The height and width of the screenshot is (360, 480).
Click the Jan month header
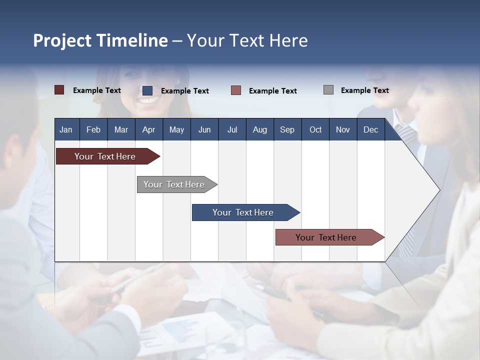[x=66, y=129]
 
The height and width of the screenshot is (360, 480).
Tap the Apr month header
[x=148, y=129]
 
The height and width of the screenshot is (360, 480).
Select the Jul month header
[x=232, y=129]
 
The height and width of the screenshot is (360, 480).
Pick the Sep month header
[x=287, y=129]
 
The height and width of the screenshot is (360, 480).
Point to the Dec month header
[x=370, y=129]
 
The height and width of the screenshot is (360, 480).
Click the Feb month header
[x=93, y=129]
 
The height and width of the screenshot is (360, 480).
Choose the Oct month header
[x=315, y=129]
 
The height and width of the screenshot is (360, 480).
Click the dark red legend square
[x=59, y=90]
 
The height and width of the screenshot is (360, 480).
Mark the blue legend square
[x=147, y=90]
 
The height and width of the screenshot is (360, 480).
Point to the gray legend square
[x=328, y=90]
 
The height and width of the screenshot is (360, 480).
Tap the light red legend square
[x=236, y=90]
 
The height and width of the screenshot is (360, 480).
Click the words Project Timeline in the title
[x=100, y=40]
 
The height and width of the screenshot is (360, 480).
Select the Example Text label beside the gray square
[x=364, y=90]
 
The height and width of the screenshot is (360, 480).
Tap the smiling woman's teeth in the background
[x=148, y=100]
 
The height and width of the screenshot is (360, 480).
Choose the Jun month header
[x=204, y=129]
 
